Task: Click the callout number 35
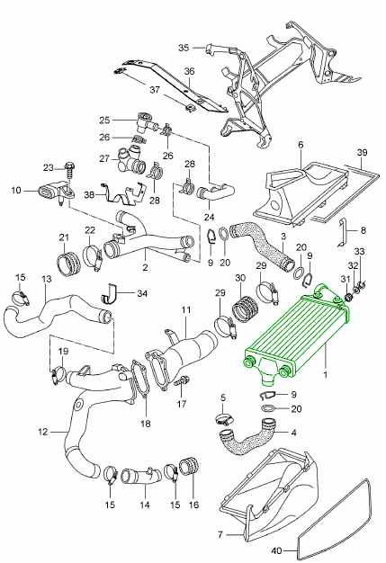point(184,48)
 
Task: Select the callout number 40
point(277,550)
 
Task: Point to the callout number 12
point(42,431)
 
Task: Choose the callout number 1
point(326,375)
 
